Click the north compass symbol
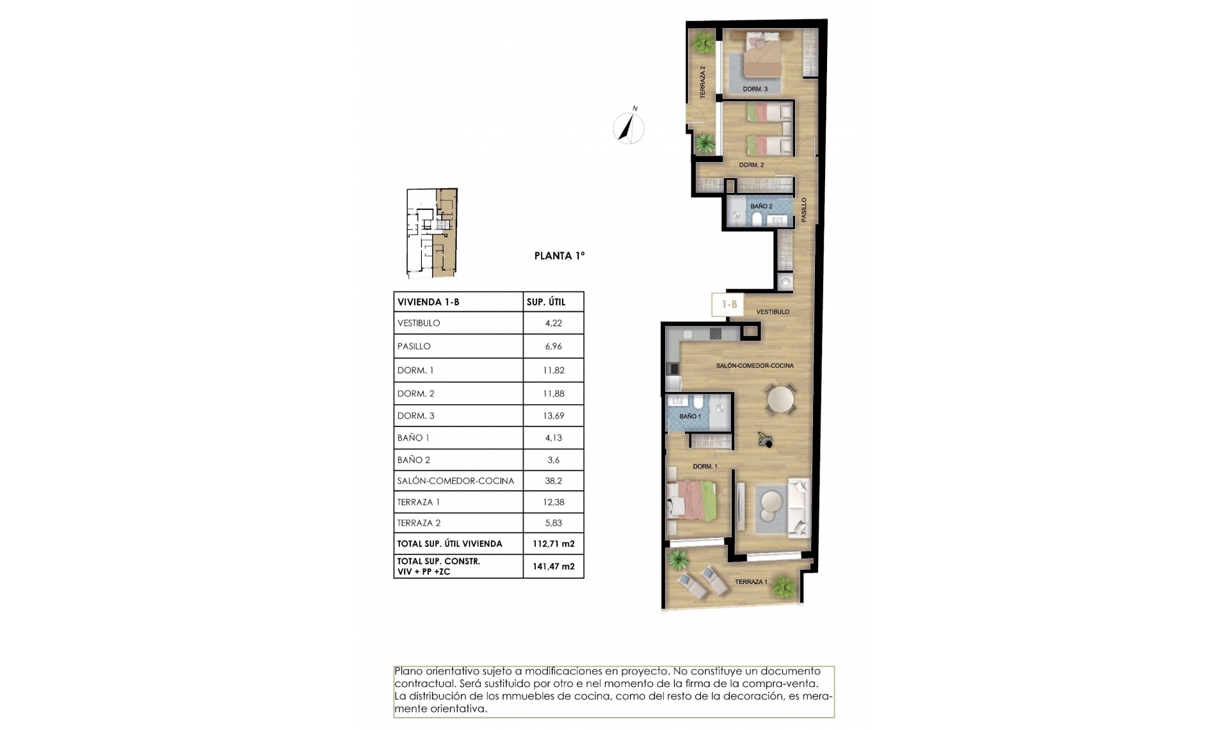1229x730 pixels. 629,127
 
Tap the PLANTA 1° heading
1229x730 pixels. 559,255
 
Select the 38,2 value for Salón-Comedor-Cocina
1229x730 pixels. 553,481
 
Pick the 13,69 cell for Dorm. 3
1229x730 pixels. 553,416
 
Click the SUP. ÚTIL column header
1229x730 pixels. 545,302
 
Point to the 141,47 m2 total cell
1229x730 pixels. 553,566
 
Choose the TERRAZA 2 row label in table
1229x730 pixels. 419,523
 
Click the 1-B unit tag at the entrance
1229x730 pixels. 729,304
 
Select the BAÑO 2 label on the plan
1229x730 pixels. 761,206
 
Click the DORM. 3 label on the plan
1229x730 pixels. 755,89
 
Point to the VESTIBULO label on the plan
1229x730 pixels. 773,312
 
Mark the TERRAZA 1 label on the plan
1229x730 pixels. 750,581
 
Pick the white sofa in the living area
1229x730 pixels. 798,507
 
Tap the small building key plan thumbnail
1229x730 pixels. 432,233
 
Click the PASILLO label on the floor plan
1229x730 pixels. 804,210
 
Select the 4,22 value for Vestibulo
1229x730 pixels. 553,323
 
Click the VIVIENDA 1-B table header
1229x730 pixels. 428,302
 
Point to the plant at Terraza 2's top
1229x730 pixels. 703,44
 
